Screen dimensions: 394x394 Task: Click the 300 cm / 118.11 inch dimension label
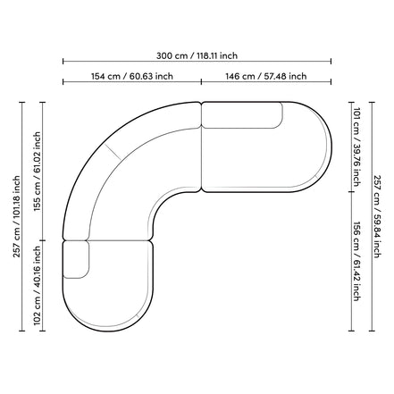[x=197, y=55]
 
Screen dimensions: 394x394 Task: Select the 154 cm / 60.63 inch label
[x=132, y=76]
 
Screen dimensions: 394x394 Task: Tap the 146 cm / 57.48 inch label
[x=266, y=76]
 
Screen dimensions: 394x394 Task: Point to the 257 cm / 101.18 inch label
[x=16, y=216]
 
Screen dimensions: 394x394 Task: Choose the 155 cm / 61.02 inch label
[x=37, y=172]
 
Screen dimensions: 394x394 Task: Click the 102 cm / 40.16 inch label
[x=37, y=286]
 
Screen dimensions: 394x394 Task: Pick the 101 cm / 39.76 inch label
[x=356, y=147]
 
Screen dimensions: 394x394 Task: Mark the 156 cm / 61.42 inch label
[x=356, y=261]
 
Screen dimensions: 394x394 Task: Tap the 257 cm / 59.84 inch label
[x=377, y=216]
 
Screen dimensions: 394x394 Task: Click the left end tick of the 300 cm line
[x=63, y=62]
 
